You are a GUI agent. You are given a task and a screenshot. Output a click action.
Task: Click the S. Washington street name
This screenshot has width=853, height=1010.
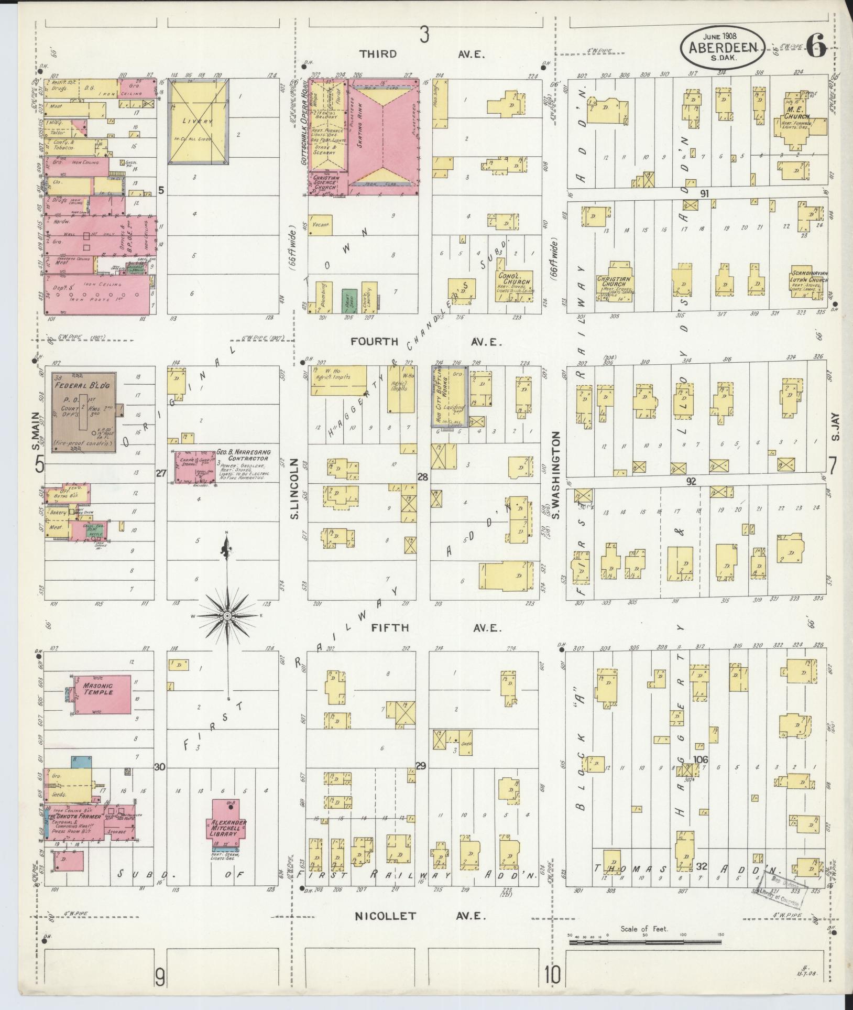[556, 475]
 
